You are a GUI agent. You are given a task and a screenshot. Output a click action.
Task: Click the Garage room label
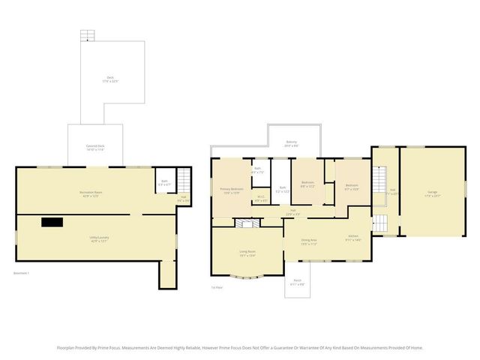click(x=433, y=193)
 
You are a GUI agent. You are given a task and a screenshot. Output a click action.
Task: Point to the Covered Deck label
click(x=94, y=147)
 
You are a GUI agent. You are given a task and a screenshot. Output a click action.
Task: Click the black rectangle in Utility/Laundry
click(x=52, y=221)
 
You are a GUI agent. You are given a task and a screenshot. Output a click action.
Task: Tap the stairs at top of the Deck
click(x=89, y=35)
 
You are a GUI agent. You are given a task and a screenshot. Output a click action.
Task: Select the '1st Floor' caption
click(x=217, y=287)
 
